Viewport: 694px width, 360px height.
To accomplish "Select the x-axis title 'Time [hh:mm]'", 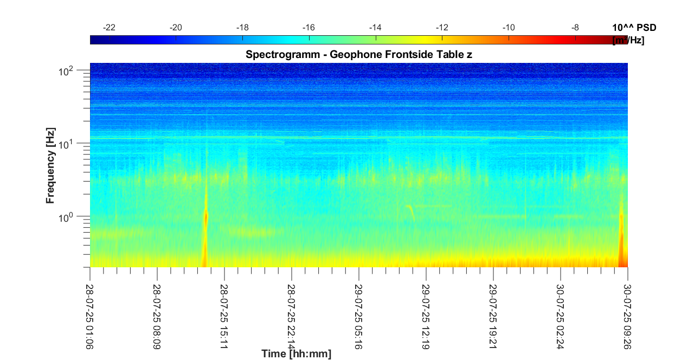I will (296, 354).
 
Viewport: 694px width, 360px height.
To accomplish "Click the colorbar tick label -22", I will (110, 28).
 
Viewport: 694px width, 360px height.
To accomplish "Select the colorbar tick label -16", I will (309, 28).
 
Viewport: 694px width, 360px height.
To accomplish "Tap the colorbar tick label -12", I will (442, 28).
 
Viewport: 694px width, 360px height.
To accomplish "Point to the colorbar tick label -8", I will (575, 28).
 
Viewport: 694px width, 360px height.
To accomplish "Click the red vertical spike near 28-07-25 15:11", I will (205, 228).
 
